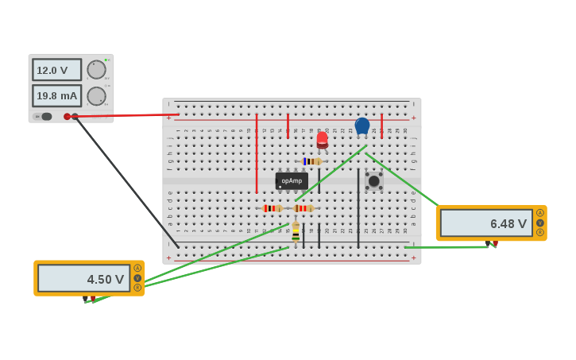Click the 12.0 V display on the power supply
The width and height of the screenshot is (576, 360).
pyautogui.click(x=56, y=70)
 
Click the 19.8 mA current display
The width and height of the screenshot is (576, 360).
pyautogui.click(x=56, y=96)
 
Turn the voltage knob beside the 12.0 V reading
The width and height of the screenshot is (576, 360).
pyautogui.click(x=96, y=70)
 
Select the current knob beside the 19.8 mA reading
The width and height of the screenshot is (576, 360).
pyautogui.click(x=96, y=96)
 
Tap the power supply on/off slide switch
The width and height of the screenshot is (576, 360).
pyautogui.click(x=45, y=117)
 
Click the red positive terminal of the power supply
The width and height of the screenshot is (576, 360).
pyautogui.click(x=67, y=117)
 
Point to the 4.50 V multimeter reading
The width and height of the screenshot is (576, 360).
pyautogui.click(x=83, y=278)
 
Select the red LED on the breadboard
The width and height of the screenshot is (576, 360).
pyautogui.click(x=322, y=140)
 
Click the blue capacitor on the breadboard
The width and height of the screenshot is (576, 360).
pyautogui.click(x=362, y=126)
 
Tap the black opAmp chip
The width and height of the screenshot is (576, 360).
pyautogui.click(x=292, y=180)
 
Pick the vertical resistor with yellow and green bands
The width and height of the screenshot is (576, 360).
pyautogui.click(x=296, y=231)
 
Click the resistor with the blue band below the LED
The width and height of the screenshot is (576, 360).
pyautogui.click(x=311, y=161)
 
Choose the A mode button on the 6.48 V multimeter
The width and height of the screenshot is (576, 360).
pyautogui.click(x=540, y=213)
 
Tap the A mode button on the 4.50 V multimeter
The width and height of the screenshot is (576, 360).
pyautogui.click(x=137, y=268)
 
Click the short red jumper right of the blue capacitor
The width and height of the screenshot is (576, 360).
pyautogui.click(x=381, y=126)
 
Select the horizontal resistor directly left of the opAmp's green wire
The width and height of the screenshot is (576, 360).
pyautogui.click(x=272, y=208)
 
